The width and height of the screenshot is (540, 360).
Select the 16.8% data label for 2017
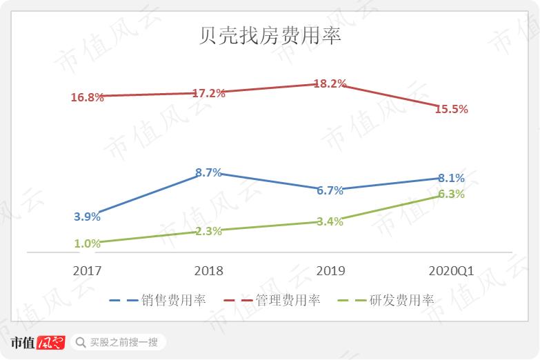tap(87, 97)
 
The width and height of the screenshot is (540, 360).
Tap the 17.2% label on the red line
tap(208, 93)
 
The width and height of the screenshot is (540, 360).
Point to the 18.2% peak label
tap(330, 83)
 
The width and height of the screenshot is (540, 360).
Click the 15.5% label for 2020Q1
tap(451, 109)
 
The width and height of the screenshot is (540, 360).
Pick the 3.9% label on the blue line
tap(87, 217)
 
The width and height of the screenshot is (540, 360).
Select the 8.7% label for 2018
tap(208, 173)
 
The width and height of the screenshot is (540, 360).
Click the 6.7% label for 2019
tap(330, 191)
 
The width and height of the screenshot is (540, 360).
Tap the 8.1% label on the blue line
tap(451, 178)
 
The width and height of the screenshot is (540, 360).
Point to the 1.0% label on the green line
tap(87, 243)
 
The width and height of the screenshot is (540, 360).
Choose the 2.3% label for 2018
tap(208, 232)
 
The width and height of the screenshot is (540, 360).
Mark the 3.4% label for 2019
tap(330, 221)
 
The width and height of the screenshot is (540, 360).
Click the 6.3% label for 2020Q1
tap(451, 194)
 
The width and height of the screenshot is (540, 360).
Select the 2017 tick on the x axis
tap(87, 271)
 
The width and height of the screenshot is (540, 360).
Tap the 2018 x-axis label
tap(208, 271)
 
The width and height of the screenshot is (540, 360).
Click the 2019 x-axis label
tap(330, 271)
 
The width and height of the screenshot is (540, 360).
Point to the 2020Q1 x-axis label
tap(451, 271)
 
